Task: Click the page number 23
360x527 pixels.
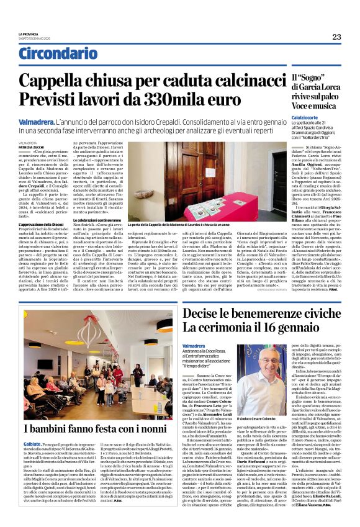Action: pos(336,37)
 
